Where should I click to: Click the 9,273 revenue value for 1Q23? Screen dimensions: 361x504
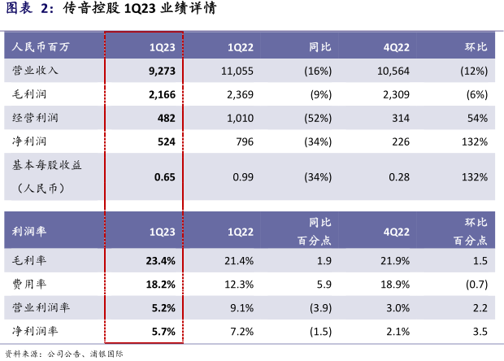click(163, 72)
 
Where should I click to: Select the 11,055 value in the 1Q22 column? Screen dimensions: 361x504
click(237, 72)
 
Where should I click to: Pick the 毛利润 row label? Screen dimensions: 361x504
click(30, 95)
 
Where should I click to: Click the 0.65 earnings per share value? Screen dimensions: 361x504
click(165, 176)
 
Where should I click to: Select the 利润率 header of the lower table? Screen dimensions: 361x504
click(30, 231)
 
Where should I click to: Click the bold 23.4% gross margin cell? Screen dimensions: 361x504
click(161, 261)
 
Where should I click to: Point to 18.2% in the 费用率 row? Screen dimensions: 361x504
click(161, 285)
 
